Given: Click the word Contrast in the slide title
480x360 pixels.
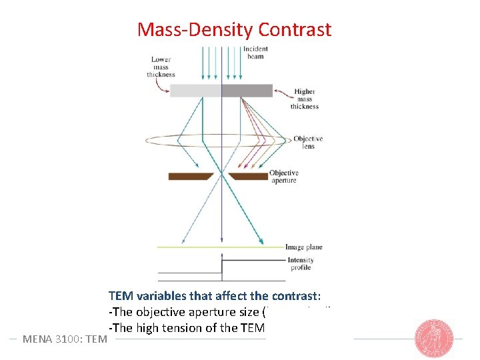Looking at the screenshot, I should tap(294, 30).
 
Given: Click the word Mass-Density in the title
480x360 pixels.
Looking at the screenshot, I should tap(195, 30).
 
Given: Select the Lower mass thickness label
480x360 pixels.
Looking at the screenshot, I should tap(161, 67).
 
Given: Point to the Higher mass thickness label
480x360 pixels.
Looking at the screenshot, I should tap(304, 99).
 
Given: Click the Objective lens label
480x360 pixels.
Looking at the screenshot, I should tap(307, 142).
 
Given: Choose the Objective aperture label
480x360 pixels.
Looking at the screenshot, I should tap(283, 177).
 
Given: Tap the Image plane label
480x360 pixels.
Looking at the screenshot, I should tap(303, 247).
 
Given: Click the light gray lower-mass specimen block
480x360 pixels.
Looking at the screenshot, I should tap(195, 91).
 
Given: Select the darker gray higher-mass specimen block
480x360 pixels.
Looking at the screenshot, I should tap(247, 91).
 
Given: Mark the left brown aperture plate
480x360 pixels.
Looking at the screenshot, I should tap(190, 176).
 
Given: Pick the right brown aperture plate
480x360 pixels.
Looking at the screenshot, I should tap(248, 176).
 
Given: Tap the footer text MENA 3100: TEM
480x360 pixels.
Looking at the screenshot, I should tap(65, 339).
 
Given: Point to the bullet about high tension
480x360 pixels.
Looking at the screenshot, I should tap(187, 327).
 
